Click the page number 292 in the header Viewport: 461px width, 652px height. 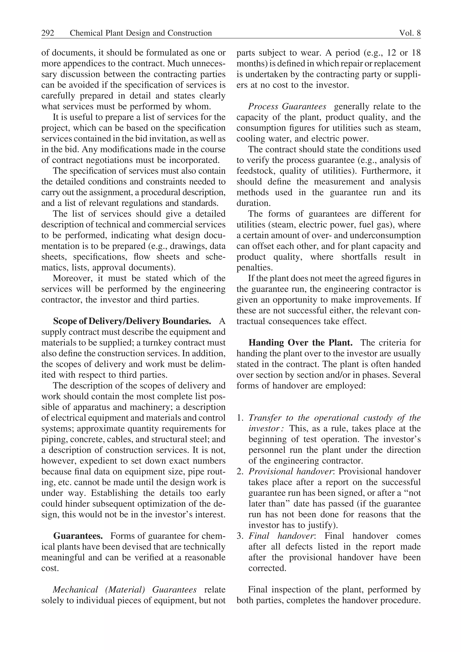(48, 33)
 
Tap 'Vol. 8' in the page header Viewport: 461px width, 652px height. (410, 33)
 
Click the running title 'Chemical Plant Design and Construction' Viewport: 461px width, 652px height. (141, 33)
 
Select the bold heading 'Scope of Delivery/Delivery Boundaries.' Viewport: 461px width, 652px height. (132, 321)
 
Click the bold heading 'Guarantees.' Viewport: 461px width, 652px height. (78, 536)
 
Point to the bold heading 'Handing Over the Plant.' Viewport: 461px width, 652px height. (300, 343)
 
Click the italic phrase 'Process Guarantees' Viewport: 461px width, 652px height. (287, 107)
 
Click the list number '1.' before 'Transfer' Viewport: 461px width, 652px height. (240, 418)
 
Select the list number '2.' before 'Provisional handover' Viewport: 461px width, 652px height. (240, 472)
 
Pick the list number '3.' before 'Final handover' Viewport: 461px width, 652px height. (240, 536)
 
